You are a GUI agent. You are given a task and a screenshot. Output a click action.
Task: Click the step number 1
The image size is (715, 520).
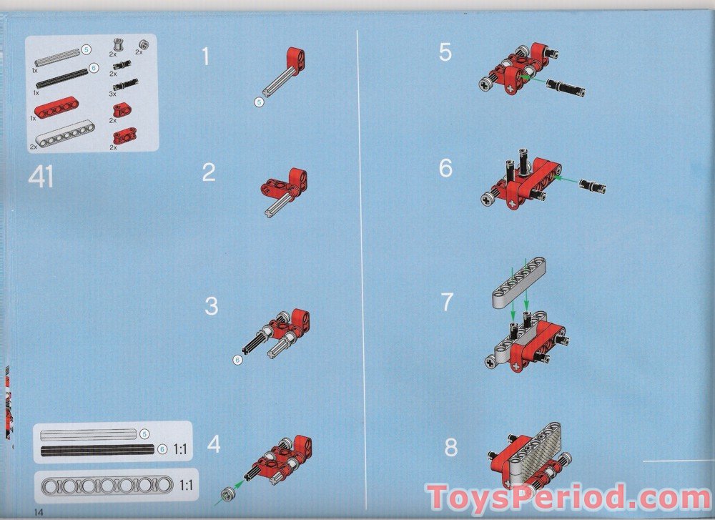(206, 56)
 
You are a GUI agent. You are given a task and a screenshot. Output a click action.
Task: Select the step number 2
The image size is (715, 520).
(208, 172)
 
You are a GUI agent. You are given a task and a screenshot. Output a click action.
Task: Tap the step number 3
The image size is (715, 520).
(211, 305)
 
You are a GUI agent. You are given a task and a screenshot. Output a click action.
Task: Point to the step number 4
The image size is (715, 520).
(213, 444)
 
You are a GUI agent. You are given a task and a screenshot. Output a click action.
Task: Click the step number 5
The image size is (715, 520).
(445, 52)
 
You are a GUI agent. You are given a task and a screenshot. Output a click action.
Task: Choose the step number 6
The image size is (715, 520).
(445, 168)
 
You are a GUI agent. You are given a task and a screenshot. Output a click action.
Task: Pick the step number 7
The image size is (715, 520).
(448, 302)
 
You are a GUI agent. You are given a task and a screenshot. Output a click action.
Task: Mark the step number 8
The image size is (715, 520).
(451, 447)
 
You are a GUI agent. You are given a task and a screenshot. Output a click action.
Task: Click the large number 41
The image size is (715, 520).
(41, 177)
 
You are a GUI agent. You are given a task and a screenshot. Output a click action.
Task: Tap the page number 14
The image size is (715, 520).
(39, 512)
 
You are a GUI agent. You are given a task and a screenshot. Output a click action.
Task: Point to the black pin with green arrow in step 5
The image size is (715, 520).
(566, 87)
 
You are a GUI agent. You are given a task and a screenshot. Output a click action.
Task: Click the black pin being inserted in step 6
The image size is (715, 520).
(592, 186)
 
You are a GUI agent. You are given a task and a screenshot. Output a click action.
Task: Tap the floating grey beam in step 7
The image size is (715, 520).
(519, 283)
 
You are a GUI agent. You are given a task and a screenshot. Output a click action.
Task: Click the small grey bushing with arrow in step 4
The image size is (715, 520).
(227, 494)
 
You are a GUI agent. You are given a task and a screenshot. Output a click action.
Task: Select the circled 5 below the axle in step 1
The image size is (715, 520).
(259, 102)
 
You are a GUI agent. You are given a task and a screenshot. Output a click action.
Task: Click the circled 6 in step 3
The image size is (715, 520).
(237, 360)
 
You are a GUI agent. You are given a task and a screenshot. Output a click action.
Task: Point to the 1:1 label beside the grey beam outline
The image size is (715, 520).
(186, 485)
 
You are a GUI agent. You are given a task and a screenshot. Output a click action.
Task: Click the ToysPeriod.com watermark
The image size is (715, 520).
(568, 496)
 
